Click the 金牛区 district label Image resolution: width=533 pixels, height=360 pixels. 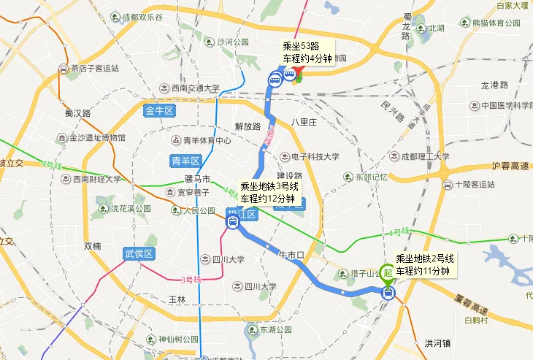(x=158, y=111)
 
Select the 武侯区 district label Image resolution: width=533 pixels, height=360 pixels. (x=137, y=254)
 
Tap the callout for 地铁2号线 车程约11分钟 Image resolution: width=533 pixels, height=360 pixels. (x=424, y=264)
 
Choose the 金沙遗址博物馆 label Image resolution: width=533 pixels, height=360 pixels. (x=91, y=137)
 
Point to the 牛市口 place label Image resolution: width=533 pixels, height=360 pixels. (x=291, y=254)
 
